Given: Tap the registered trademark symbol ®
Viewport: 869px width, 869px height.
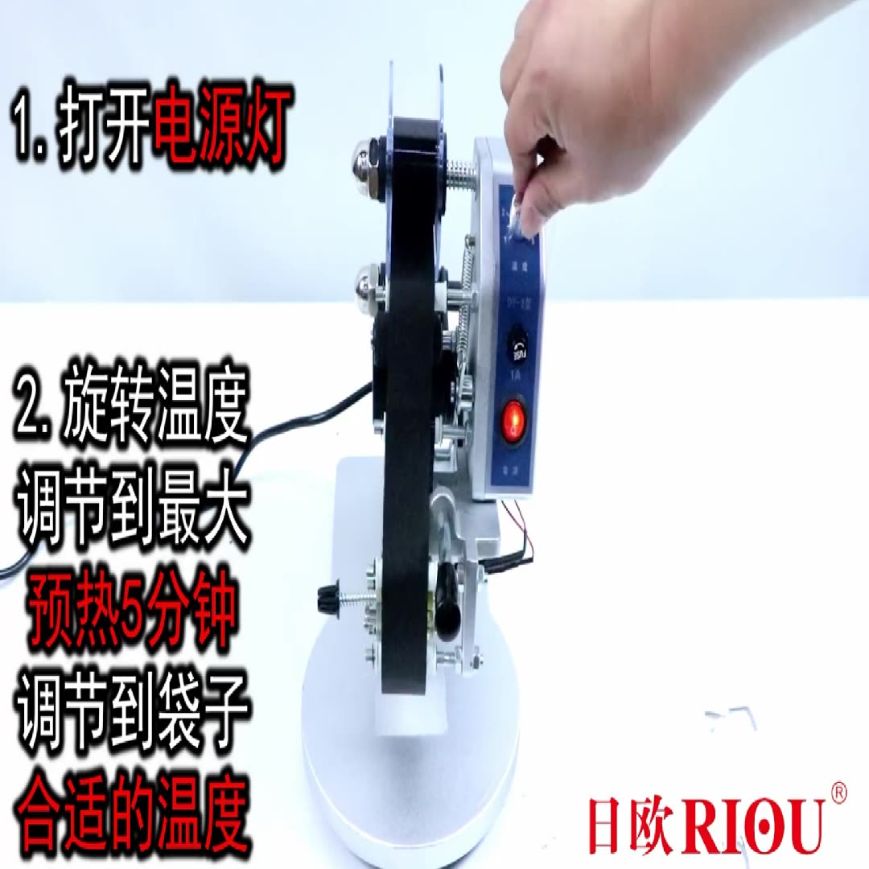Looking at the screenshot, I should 837,792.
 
